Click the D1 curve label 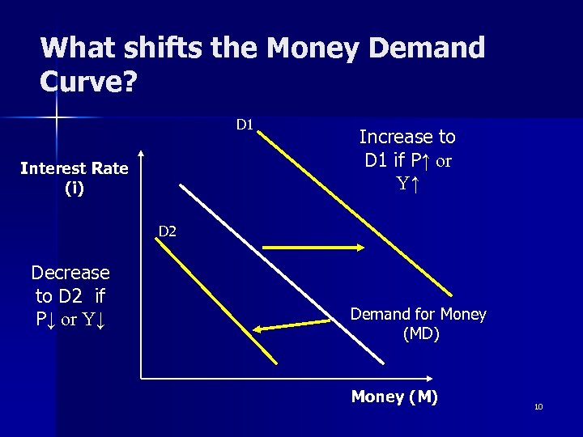[x=245, y=125]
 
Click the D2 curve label [x=167, y=231]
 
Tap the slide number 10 [x=538, y=406]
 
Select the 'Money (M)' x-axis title [x=394, y=397]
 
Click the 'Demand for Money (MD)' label [x=418, y=324]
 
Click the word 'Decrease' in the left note [x=70, y=274]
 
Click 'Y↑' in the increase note [x=407, y=183]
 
